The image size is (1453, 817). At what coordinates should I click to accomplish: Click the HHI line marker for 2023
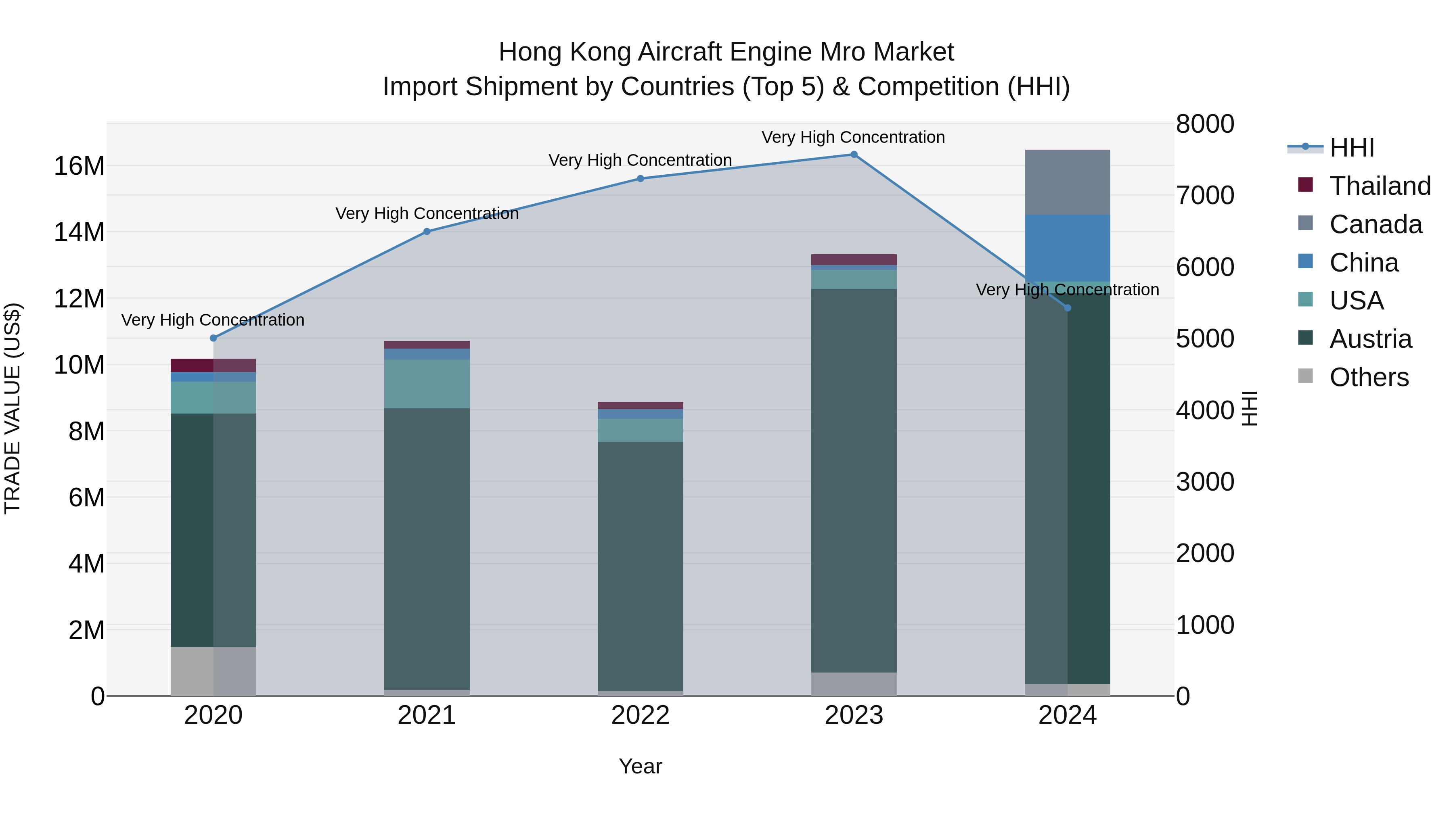[x=853, y=155]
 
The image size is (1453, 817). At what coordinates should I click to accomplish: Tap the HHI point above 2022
[x=640, y=179]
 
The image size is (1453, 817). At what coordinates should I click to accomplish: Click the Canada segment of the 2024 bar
[x=1067, y=182]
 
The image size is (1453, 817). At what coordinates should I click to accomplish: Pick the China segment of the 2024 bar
[x=1067, y=248]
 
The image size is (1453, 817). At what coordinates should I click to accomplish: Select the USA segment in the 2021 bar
[x=427, y=384]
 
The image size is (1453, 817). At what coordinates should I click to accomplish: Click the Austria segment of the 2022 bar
[x=640, y=566]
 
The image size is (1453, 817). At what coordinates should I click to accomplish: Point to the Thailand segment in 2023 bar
[x=853, y=259]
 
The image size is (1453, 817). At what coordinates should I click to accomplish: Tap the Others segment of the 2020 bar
[x=213, y=671]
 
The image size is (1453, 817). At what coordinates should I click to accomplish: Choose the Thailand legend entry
[x=1380, y=186]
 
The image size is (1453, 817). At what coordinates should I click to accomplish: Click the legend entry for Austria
[x=1371, y=339]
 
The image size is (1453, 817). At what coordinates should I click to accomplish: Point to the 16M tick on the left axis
[x=79, y=166]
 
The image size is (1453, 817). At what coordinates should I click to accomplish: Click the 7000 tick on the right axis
[x=1205, y=196]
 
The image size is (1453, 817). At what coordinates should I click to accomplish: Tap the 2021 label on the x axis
[x=427, y=715]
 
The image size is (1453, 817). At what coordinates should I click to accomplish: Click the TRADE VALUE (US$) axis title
[x=13, y=408]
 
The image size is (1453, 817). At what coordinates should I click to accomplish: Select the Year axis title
[x=640, y=766]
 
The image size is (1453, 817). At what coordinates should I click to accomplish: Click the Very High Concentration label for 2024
[x=1067, y=290]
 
